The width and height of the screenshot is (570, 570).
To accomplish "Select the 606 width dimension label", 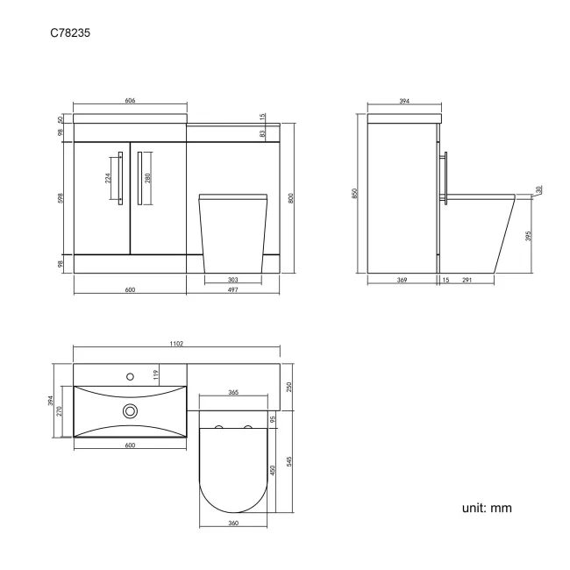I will point(130,102).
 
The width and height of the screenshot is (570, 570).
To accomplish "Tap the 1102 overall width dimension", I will point(176,346).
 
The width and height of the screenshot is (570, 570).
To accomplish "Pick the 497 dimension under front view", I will point(232,289).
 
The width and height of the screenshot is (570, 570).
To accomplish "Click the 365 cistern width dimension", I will point(234,392).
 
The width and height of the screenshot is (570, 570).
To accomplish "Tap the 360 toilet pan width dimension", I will point(233,524).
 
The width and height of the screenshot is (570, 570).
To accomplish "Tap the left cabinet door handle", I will point(119,181).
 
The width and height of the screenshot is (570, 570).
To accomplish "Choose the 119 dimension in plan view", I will point(155,376).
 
